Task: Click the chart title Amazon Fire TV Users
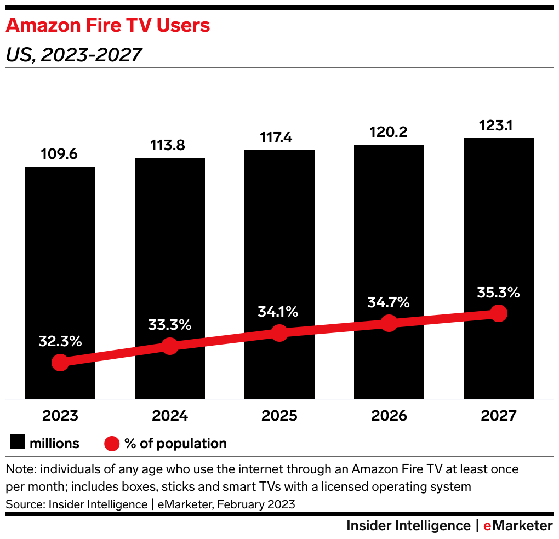pos(107,25)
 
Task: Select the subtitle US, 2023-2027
pos(73,55)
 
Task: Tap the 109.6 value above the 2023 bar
pos(60,154)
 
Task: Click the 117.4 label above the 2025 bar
pos(279,138)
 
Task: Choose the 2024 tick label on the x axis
pos(169,416)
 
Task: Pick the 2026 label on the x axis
pos(389,416)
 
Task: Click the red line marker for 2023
pos(60,363)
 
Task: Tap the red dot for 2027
pos(498,313)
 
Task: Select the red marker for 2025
pos(279,332)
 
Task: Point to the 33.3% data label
pos(169,325)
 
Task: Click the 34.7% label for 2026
pos(389,302)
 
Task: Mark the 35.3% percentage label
pos(498,293)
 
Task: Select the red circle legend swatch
pos(111,443)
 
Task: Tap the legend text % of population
pos(175,443)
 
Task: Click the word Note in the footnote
pos(18,470)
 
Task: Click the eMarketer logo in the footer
pos(517,526)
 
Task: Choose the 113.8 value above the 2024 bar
pos(169,146)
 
